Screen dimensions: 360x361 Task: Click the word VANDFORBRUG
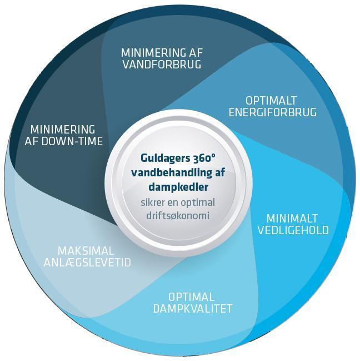(x=162, y=64)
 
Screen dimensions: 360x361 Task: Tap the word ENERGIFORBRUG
(x=272, y=112)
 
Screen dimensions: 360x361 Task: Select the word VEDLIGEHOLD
(x=293, y=230)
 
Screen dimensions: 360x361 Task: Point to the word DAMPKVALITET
(x=193, y=309)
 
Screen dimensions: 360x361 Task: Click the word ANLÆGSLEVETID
(x=87, y=263)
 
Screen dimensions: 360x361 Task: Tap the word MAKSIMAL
(x=86, y=251)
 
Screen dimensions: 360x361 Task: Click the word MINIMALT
(x=292, y=219)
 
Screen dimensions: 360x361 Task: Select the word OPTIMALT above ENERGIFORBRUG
(x=271, y=101)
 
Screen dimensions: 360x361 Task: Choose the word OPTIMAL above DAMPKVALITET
(x=191, y=297)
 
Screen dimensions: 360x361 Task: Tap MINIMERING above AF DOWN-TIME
(x=63, y=130)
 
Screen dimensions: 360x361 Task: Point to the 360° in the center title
(x=203, y=158)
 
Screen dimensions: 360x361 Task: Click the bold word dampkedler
(x=178, y=187)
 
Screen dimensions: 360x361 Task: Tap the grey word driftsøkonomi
(x=178, y=216)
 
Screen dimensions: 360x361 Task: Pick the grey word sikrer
(x=152, y=203)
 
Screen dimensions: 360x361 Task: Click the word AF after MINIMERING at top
(x=196, y=53)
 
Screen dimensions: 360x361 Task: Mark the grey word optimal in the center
(x=198, y=203)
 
